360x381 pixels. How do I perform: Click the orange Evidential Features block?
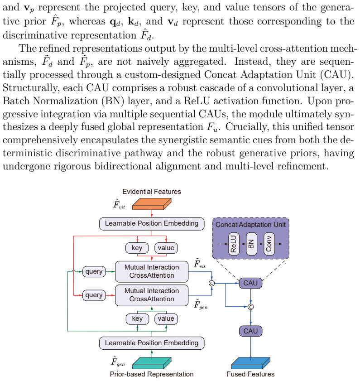(152, 204)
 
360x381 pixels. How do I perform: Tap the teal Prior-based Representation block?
(152, 363)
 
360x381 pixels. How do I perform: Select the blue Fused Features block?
(250, 363)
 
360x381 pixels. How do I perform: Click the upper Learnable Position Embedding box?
(152, 223)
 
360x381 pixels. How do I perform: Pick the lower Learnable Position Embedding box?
(152, 343)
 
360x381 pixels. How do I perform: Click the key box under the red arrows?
(137, 248)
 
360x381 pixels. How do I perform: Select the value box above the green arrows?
(166, 318)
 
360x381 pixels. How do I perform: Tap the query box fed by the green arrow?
(94, 271)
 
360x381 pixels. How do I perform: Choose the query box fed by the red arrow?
(94, 295)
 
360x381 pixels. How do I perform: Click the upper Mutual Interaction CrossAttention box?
(152, 271)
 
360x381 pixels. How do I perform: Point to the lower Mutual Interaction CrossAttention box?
(152, 295)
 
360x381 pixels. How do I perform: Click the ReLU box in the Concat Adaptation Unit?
(234, 244)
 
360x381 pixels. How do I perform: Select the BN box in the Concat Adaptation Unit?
(251, 244)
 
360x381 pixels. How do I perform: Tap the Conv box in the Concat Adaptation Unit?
(269, 244)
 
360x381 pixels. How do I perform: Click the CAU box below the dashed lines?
(250, 283)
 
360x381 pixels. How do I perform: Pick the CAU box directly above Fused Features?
(250, 331)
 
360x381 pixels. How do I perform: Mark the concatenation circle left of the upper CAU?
(212, 283)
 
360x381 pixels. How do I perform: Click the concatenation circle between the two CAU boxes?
(251, 307)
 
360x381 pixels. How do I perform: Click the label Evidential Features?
(152, 192)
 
